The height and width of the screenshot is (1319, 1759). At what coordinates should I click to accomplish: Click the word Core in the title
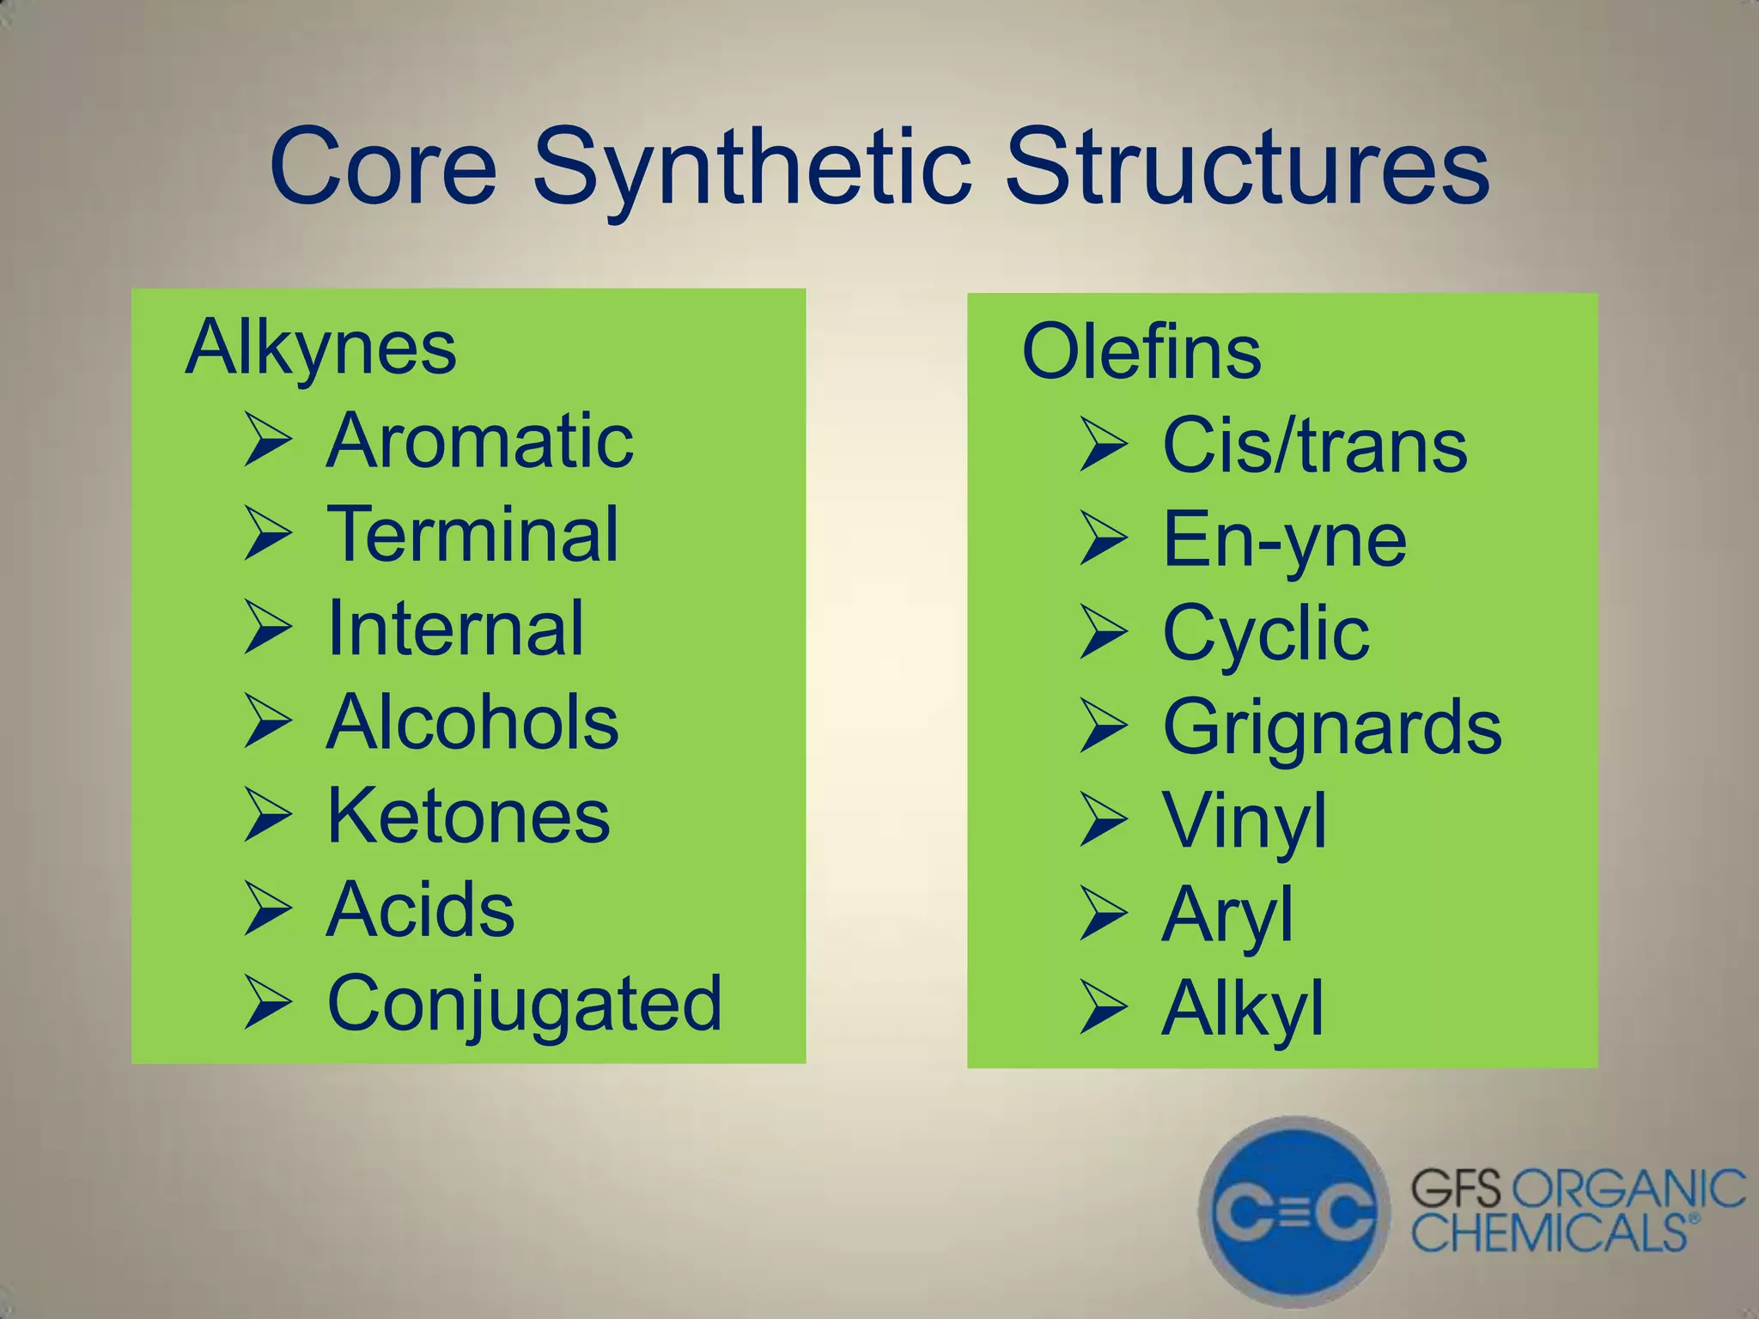click(383, 167)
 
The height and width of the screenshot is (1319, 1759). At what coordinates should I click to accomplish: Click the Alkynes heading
click(320, 348)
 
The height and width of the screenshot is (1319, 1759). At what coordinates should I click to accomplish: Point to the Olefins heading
click(1141, 352)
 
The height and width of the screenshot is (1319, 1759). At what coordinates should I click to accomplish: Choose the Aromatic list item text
click(480, 441)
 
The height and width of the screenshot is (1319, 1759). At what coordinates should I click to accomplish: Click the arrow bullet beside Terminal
click(268, 534)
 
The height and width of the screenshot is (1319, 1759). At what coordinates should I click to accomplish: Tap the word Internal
click(456, 629)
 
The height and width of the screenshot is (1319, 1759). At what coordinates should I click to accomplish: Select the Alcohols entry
click(472, 722)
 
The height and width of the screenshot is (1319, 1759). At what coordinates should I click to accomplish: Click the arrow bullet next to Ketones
click(268, 816)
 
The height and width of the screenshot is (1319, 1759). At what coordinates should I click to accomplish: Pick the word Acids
click(421, 909)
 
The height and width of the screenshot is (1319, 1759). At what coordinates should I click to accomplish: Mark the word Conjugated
click(525, 1003)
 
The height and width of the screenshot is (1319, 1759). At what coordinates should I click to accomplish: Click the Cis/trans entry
click(1315, 446)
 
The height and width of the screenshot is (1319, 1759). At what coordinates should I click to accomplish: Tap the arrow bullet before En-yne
click(1104, 539)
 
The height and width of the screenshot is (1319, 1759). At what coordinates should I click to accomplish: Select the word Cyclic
click(1266, 633)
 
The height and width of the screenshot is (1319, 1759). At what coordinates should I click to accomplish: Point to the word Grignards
click(1332, 727)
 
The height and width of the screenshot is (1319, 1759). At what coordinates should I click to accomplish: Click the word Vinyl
click(1245, 821)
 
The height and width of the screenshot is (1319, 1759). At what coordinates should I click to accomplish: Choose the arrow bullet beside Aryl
click(1104, 915)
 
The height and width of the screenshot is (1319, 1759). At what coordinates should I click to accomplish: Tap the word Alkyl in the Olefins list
click(1242, 1008)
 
